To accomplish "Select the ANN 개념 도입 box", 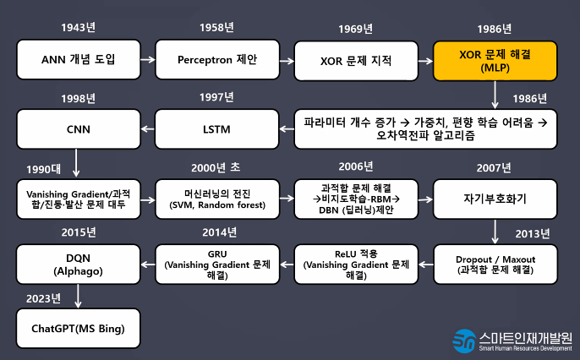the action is (x=78, y=60).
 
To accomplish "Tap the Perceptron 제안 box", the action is (x=216, y=60).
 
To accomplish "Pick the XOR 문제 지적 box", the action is (x=356, y=60).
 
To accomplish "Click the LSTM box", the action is (x=216, y=129).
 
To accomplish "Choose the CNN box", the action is (x=78, y=129).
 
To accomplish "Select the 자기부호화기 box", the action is (x=495, y=199).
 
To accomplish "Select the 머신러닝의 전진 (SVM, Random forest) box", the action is (x=216, y=199).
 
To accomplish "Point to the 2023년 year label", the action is (x=44, y=297).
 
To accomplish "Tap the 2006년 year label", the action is (x=356, y=166).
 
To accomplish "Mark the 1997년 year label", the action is (x=216, y=97).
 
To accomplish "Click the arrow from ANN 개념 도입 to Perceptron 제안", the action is (x=147, y=60).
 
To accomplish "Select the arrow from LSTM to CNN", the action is (x=147, y=129).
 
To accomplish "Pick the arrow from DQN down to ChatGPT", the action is (x=78, y=295).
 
